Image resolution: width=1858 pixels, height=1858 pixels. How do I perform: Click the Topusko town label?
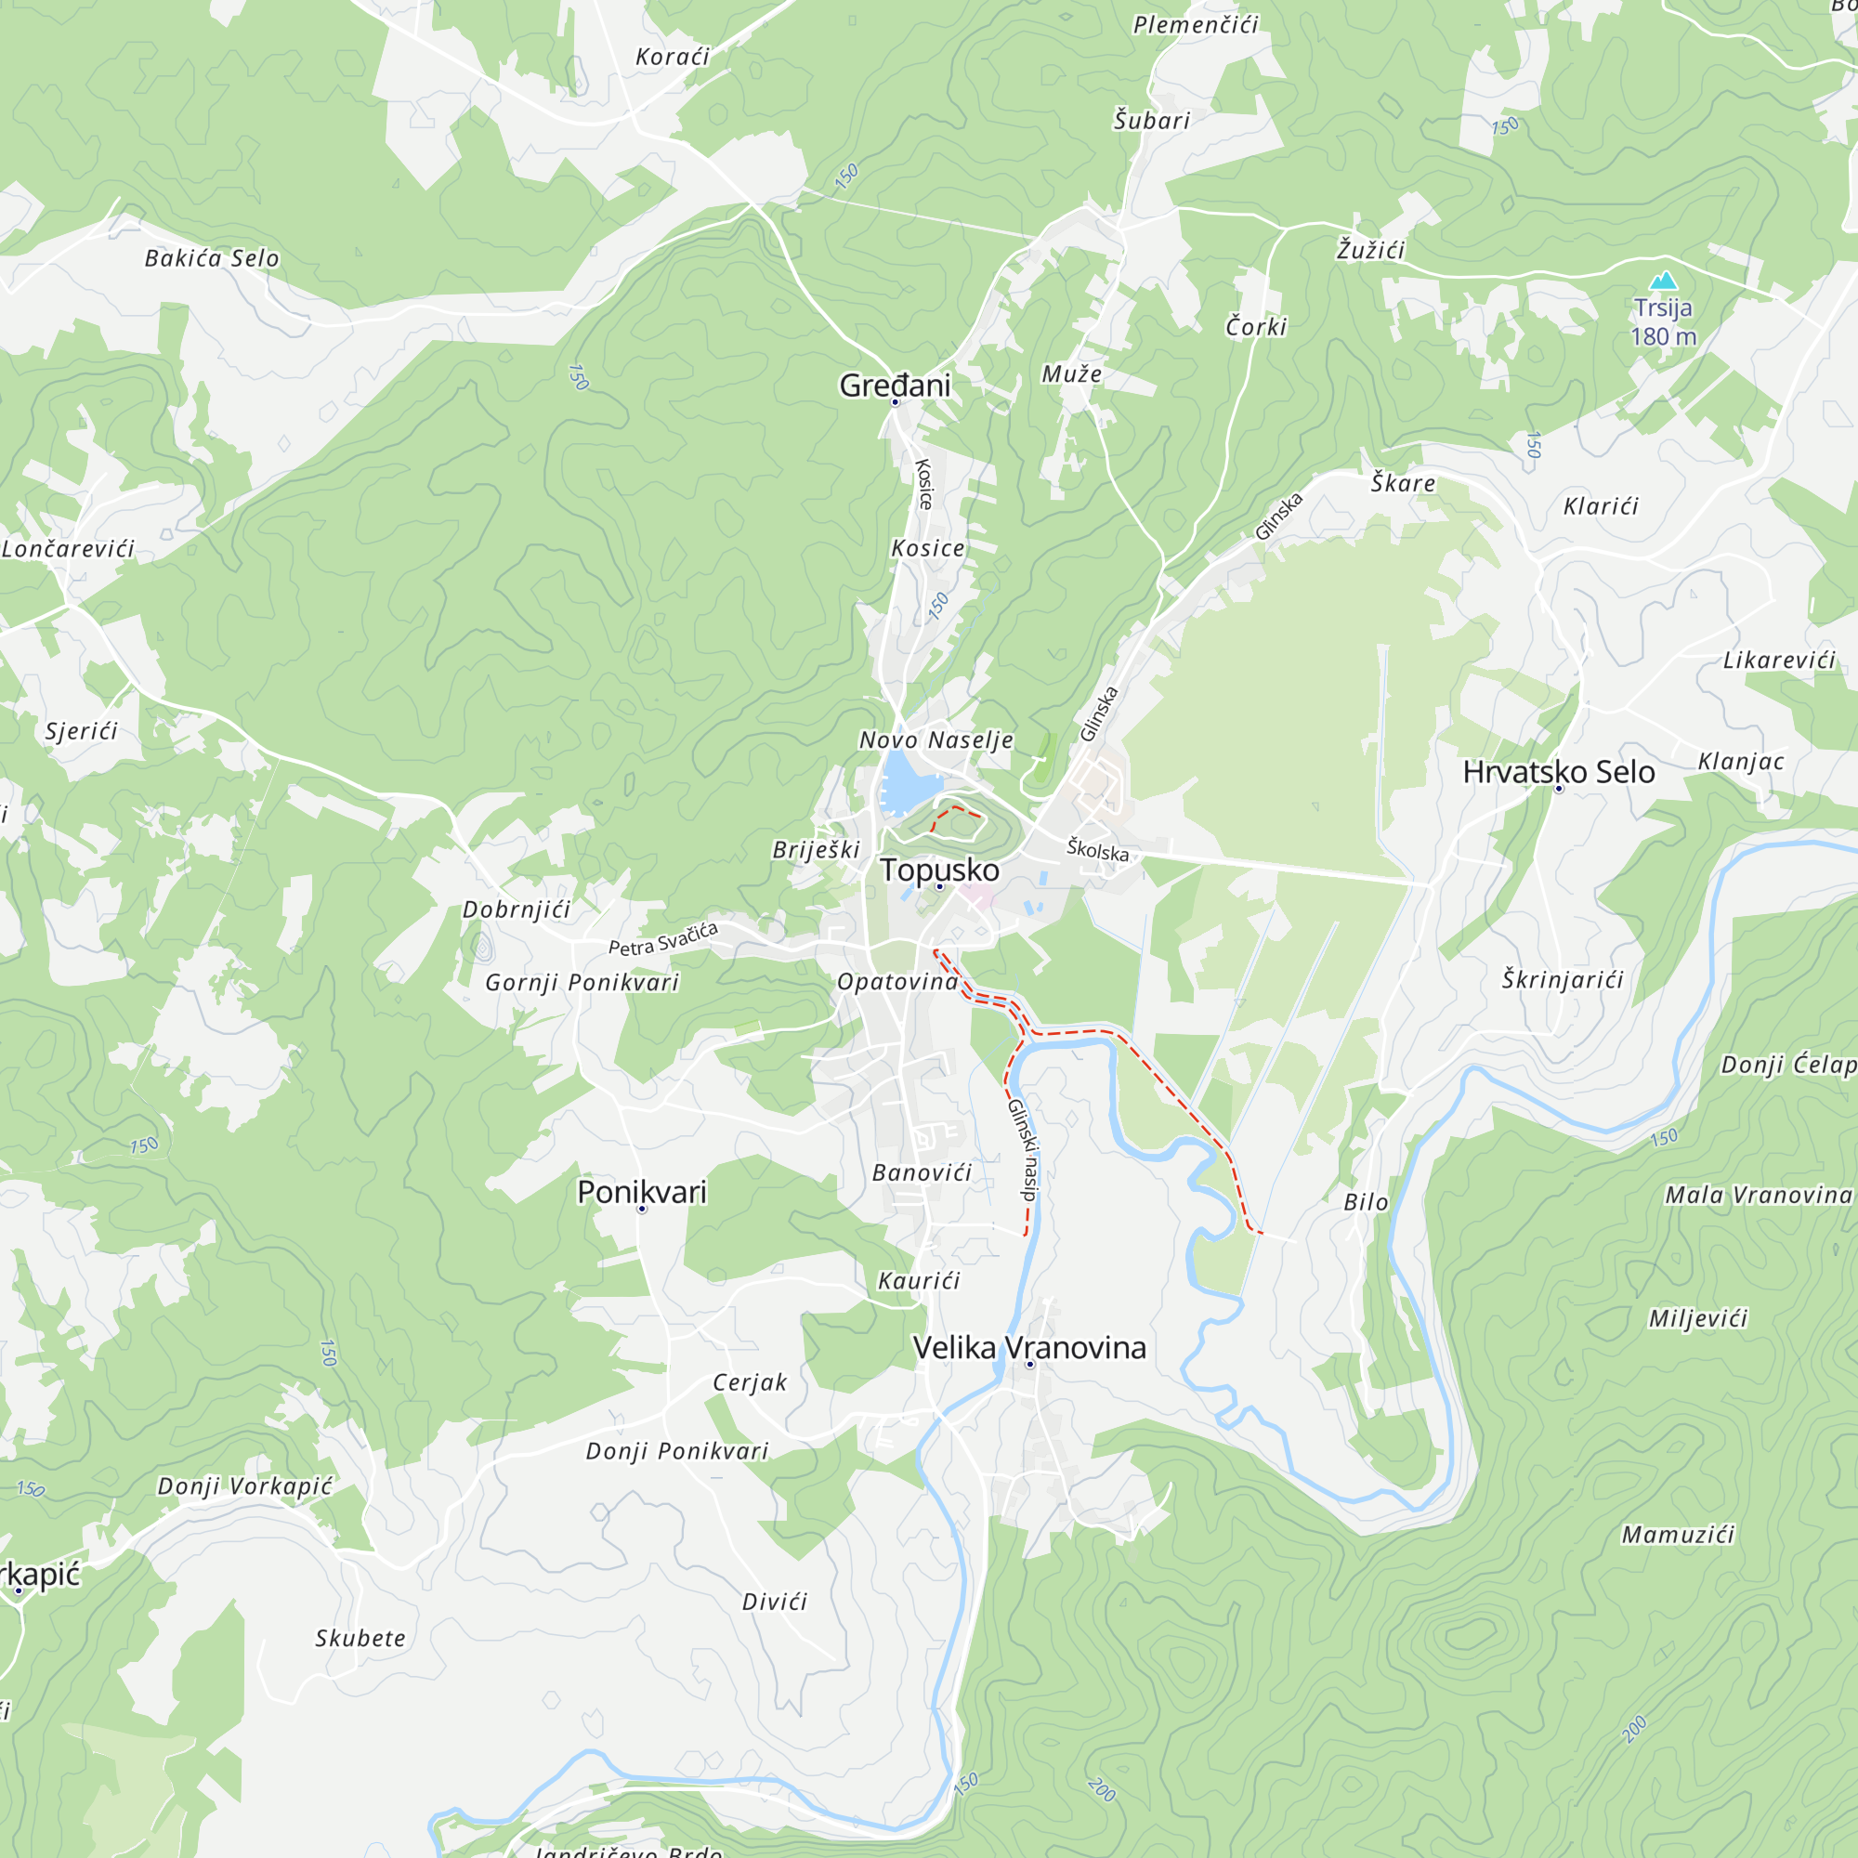pyautogui.click(x=939, y=870)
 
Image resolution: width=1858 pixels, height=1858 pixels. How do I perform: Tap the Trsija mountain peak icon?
pyautogui.click(x=1663, y=281)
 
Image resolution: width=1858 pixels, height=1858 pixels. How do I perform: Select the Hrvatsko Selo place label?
pyautogui.click(x=1558, y=771)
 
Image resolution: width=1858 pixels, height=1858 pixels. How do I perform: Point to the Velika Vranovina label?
pyautogui.click(x=1029, y=1347)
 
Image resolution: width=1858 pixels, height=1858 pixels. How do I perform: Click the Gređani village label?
pyautogui.click(x=895, y=385)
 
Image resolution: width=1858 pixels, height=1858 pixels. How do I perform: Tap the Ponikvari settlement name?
pyautogui.click(x=641, y=1192)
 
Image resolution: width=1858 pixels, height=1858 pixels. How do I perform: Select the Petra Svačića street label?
pyautogui.click(x=662, y=939)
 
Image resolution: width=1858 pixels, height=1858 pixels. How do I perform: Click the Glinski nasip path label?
pyautogui.click(x=1023, y=1149)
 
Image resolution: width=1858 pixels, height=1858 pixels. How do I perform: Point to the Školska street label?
pyautogui.click(x=1097, y=850)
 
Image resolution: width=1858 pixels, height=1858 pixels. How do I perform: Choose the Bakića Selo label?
pyautogui.click(x=212, y=257)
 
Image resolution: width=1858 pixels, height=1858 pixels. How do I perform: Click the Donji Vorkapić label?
pyautogui.click(x=244, y=1485)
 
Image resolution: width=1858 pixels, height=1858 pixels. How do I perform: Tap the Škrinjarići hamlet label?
pyautogui.click(x=1563, y=979)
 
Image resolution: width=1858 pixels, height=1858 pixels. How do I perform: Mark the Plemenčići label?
pyautogui.click(x=1196, y=25)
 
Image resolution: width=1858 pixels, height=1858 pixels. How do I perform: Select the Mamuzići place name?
pyautogui.click(x=1678, y=1534)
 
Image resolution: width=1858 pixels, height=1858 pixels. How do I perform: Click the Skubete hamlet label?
pyautogui.click(x=360, y=1638)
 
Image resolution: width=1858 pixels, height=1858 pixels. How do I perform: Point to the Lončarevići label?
pyautogui.click(x=67, y=548)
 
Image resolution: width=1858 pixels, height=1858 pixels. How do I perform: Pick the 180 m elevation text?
pyautogui.click(x=1663, y=336)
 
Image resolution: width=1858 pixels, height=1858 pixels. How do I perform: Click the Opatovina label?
pyautogui.click(x=897, y=981)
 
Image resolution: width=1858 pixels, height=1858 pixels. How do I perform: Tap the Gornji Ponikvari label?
pyautogui.click(x=582, y=982)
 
